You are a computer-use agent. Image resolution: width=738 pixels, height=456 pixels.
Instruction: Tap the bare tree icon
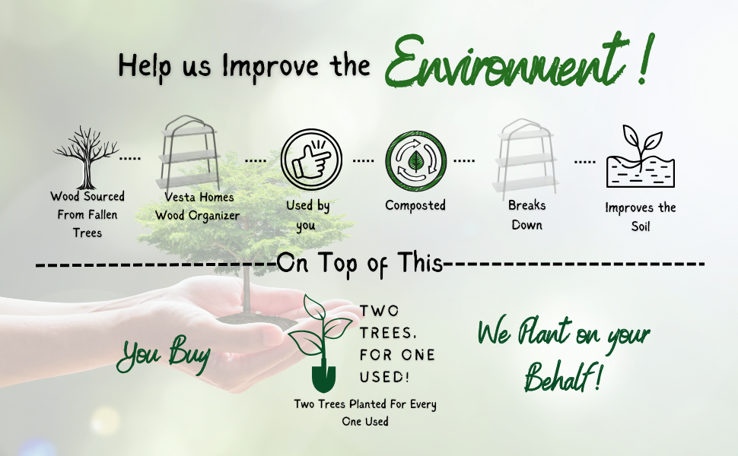[86, 157]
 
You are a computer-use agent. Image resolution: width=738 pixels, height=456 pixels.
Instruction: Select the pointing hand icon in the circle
[311, 160]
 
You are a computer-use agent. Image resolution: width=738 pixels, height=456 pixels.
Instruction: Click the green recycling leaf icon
[415, 161]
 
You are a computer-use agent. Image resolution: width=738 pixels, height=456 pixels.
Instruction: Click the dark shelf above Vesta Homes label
[188, 154]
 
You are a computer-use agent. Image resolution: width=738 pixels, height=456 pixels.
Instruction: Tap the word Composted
[415, 205]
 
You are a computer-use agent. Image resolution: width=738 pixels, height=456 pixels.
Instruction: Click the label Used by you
[308, 216]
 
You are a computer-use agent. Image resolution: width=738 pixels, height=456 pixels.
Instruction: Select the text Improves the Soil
[641, 217]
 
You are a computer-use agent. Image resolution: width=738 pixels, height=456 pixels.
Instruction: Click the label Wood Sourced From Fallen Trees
[87, 214]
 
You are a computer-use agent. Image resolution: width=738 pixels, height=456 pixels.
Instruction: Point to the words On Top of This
[360, 263]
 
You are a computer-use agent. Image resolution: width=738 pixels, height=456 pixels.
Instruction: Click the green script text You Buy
[164, 353]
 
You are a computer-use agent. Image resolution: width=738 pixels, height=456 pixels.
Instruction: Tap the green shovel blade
[323, 379]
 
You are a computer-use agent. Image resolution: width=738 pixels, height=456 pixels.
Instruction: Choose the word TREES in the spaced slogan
[387, 334]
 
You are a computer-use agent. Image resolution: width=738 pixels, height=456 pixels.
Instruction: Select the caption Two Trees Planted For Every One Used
[365, 413]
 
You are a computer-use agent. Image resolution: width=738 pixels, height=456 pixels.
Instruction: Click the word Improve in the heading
[271, 66]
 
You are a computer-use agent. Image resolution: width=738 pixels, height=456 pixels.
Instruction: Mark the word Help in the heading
[145, 65]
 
